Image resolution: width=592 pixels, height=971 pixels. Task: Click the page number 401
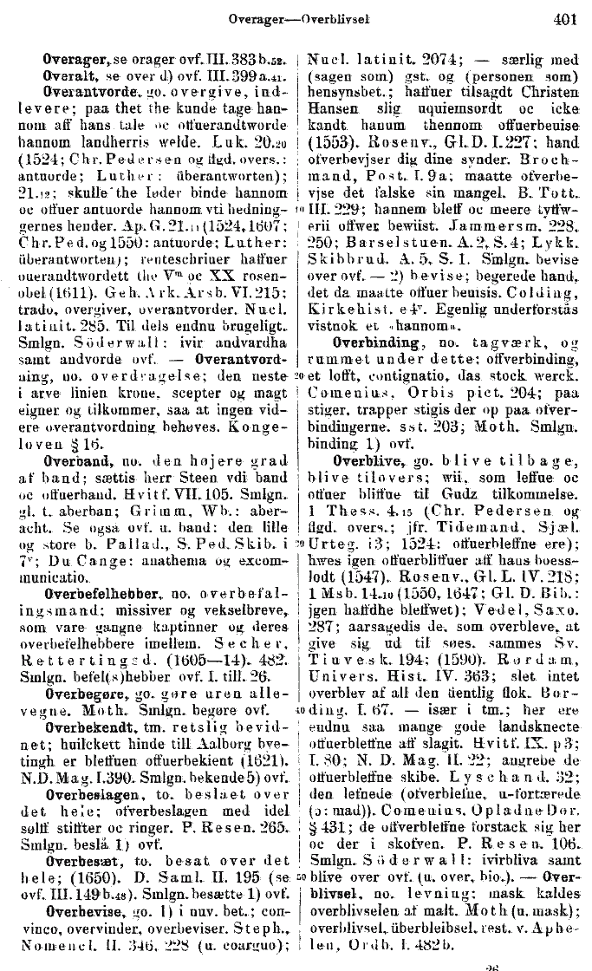(563, 17)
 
